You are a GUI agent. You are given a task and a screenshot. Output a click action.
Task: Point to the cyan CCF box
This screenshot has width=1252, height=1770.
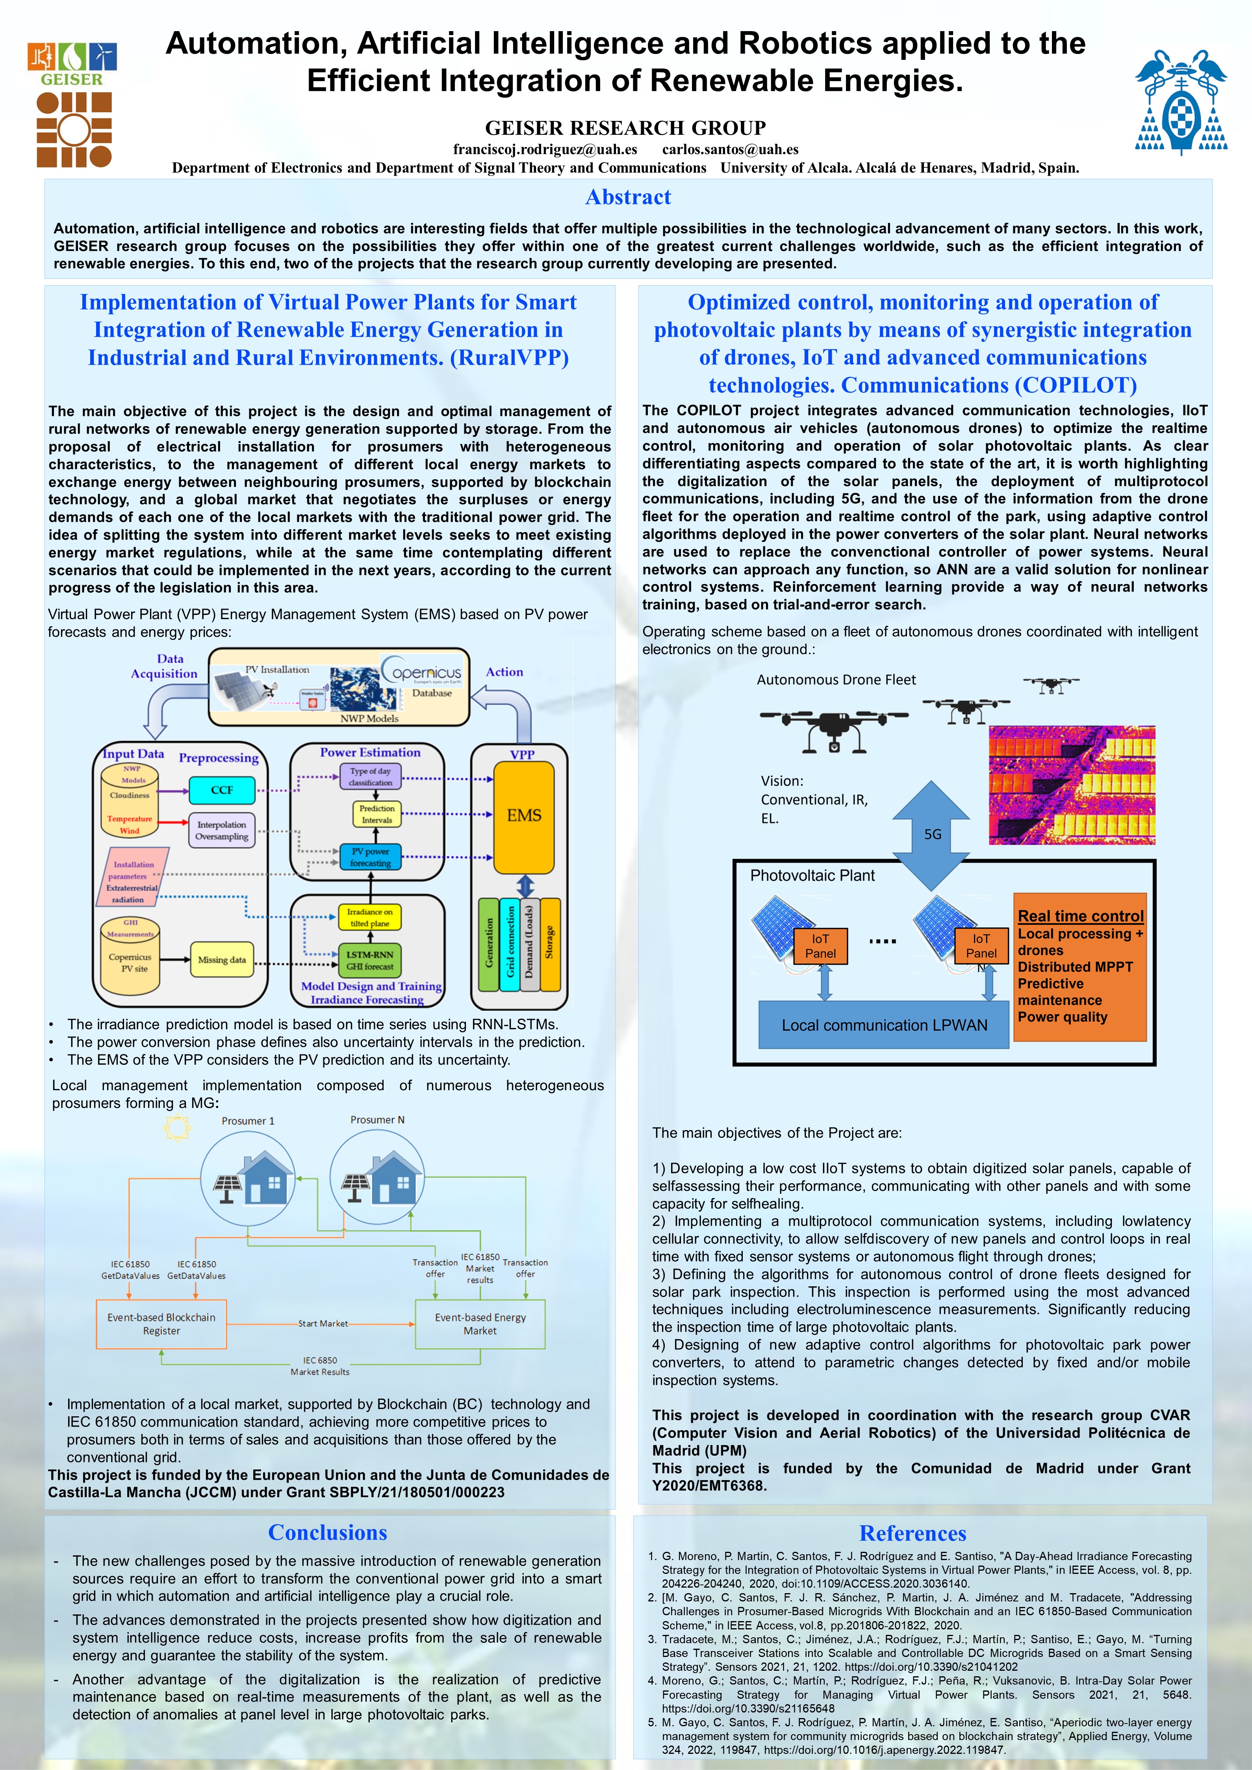(221, 790)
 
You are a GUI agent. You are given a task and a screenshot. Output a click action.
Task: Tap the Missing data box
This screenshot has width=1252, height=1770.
(221, 960)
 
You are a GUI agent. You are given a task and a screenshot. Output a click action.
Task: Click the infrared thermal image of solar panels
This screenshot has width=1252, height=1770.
(1072, 785)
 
